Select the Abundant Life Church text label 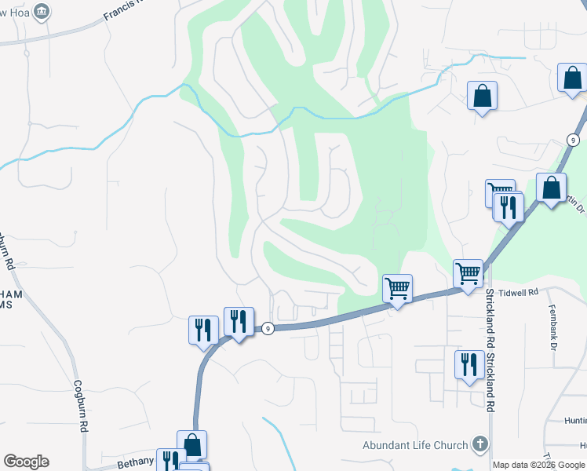[415, 445]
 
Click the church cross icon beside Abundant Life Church [479, 444]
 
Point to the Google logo [26, 462]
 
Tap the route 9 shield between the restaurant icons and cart [268, 329]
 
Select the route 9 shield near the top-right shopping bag [574, 140]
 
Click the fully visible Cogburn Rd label [80, 406]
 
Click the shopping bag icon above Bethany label [191, 445]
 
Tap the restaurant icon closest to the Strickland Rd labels [469, 365]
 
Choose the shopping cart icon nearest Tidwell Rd [468, 275]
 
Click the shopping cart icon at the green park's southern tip [397, 288]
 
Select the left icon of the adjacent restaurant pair [203, 330]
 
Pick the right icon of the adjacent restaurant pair [239, 321]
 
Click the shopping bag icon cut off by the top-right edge [573, 78]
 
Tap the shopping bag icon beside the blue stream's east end [482, 97]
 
